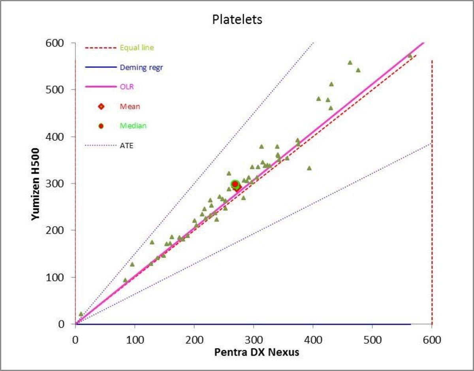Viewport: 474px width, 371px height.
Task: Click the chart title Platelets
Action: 237,19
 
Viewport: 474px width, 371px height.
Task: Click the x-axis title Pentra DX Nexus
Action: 257,352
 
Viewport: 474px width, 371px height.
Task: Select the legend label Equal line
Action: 137,48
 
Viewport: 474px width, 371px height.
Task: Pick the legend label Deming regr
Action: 141,68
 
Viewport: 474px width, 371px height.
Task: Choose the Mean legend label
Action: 130,106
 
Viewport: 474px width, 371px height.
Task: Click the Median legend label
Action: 133,126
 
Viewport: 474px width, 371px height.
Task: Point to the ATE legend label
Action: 126,146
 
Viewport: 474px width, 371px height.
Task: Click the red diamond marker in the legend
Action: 101,106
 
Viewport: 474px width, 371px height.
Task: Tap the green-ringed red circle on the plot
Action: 235,184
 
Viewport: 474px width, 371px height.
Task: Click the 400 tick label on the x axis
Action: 313,340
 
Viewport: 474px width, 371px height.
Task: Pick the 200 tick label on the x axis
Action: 194,340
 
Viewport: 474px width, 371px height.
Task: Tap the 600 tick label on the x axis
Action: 432,340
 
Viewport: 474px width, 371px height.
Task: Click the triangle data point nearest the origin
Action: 81,314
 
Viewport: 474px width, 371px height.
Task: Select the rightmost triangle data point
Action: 410,56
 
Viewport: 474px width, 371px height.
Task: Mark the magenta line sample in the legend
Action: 101,87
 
